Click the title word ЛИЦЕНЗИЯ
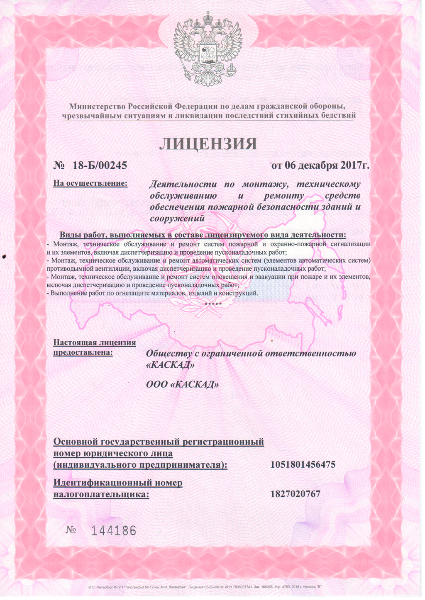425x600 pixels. (208, 143)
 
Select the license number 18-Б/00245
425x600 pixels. (99, 166)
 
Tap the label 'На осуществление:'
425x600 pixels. (90, 183)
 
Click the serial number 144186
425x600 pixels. (113, 530)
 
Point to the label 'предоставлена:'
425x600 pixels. (83, 352)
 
